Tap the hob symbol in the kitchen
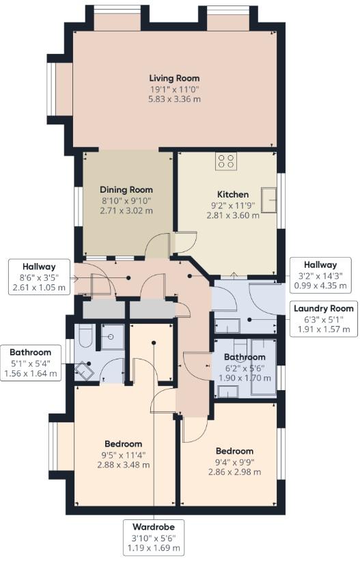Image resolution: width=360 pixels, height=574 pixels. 225,161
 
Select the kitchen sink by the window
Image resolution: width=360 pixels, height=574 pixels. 268,200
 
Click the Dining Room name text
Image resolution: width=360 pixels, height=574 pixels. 126,190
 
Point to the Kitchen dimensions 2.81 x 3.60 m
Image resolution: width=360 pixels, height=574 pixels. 233,215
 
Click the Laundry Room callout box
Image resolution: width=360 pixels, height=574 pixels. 323,318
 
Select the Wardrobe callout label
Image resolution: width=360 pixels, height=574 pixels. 154,537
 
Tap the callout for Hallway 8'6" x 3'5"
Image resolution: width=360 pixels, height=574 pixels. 39,277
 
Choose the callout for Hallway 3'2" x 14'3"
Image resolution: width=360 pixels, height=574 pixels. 320,275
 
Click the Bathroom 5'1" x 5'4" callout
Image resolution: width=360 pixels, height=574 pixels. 30,363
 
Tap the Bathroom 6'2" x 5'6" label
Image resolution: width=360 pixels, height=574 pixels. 245,367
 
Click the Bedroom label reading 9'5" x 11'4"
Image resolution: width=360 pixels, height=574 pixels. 123,454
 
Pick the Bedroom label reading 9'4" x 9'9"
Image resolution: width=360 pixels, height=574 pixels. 234,461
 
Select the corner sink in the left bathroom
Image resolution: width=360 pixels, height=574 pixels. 84,371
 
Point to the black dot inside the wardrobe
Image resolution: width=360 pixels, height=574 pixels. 154,343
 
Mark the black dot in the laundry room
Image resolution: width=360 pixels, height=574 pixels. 249,320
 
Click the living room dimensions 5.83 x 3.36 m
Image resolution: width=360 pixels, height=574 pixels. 174,99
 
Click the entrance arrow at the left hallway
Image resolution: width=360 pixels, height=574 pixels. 73,279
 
